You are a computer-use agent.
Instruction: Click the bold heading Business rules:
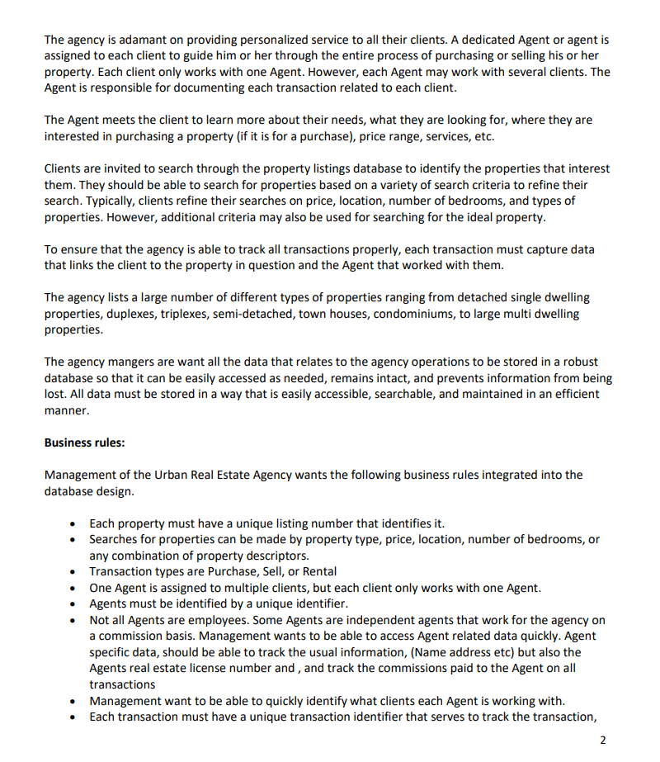84,443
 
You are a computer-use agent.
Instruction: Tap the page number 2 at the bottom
604,740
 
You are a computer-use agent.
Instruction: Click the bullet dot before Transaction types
75,571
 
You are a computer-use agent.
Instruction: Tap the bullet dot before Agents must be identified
75,603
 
